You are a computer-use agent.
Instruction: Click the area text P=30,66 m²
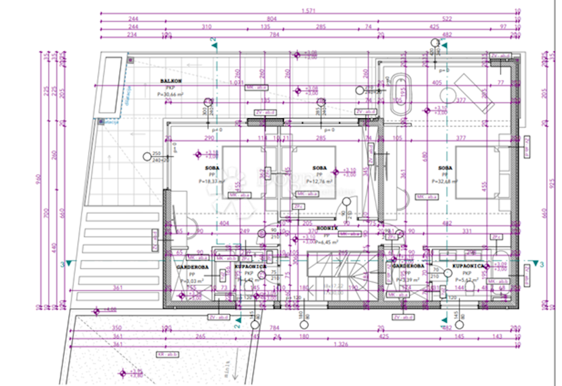click(170, 94)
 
